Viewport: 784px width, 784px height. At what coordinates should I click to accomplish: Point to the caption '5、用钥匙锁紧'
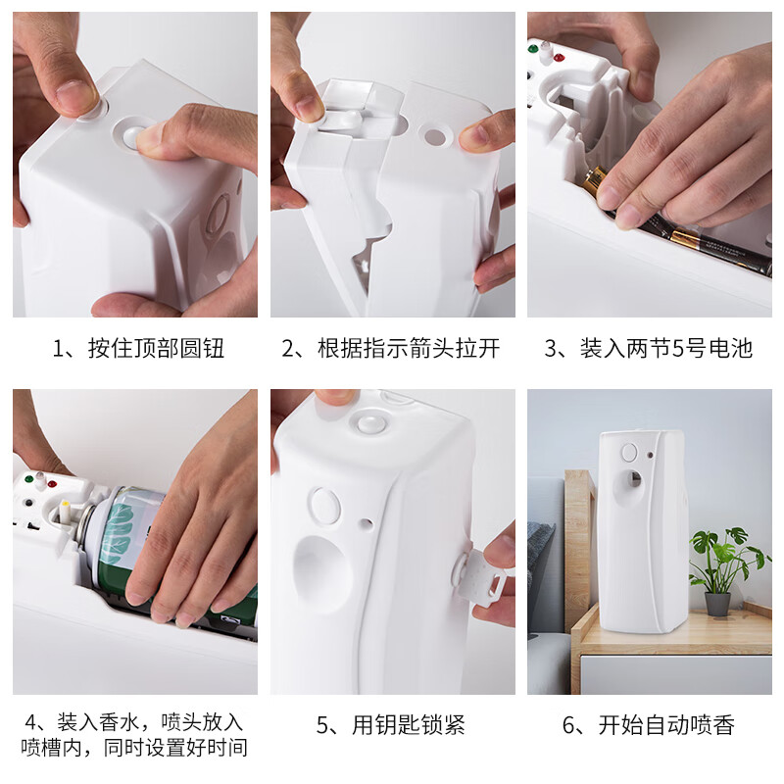tap(391, 726)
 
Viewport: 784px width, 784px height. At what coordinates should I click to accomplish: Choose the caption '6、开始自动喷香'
tap(649, 726)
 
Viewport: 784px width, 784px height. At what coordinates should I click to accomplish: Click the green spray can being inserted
tap(147, 549)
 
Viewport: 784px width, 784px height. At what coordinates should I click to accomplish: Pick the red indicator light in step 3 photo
tap(560, 58)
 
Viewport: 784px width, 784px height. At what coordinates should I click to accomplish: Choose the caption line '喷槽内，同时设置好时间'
tap(135, 750)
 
